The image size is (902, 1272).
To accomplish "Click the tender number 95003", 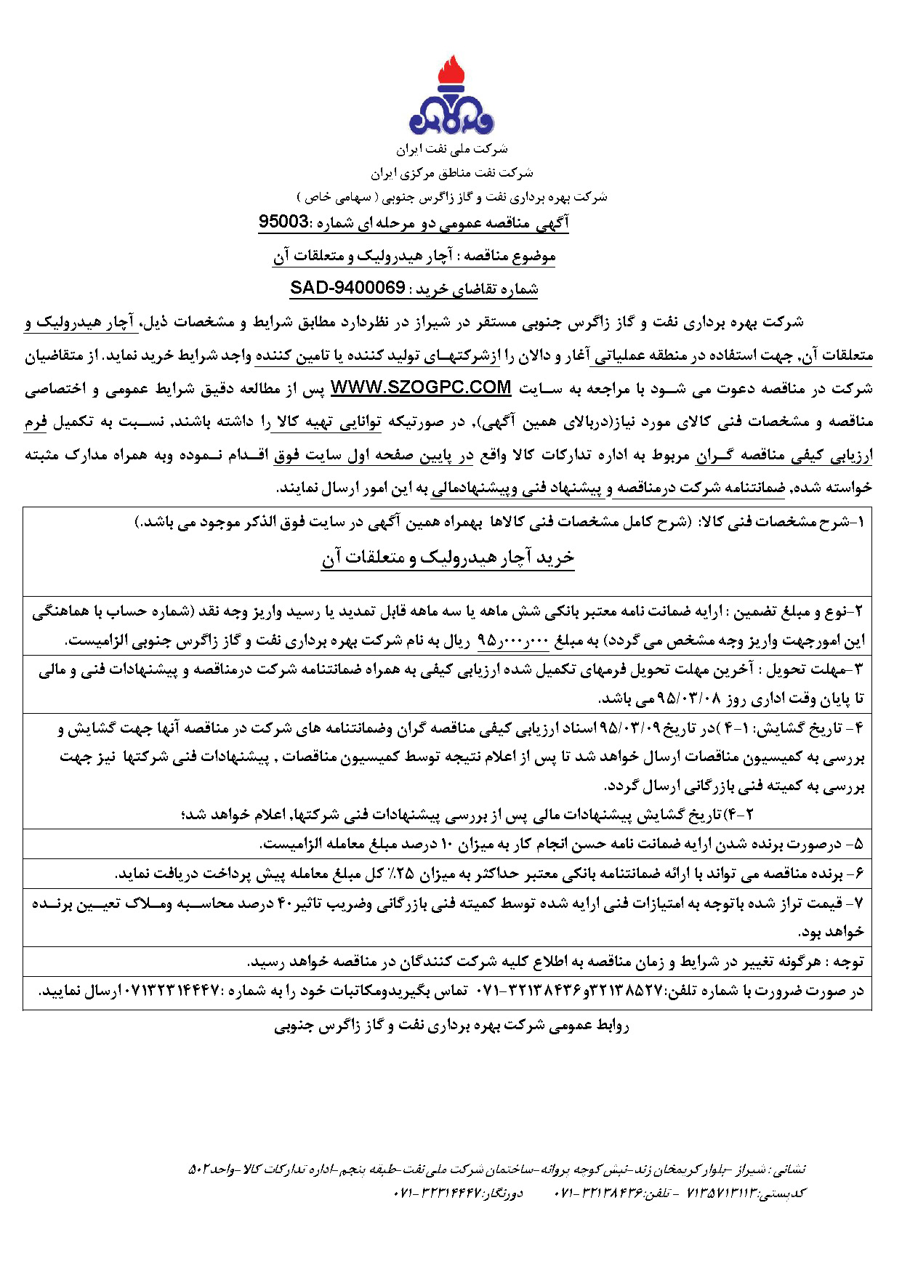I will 283,222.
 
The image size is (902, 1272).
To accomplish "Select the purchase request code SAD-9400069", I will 347,288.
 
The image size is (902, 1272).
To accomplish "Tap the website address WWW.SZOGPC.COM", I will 421,387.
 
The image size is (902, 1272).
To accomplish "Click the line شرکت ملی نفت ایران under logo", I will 451,149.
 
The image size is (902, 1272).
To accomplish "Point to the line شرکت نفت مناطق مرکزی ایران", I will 451,173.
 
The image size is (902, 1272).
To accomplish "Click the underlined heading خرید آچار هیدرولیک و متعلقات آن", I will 448,557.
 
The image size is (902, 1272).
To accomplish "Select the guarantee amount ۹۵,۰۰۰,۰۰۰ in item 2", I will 512,641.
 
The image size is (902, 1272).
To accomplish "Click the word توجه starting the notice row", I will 847,962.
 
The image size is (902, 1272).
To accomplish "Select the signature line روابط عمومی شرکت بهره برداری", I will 451,1026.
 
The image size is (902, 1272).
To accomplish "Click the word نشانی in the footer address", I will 789,1170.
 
